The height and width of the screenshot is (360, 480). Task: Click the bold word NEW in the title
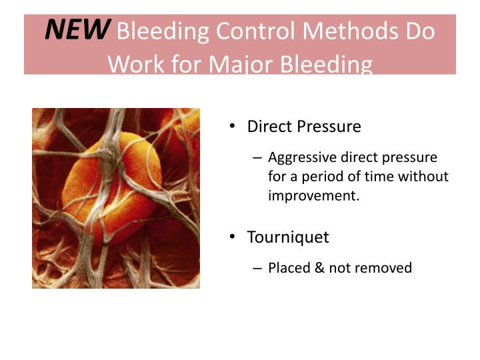coord(77,29)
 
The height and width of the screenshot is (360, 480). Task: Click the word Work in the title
coord(134,64)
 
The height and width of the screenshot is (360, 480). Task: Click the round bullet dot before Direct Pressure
coord(232,126)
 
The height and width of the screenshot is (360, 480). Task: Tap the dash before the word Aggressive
coord(258,158)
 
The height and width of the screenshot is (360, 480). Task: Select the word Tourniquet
coord(288,237)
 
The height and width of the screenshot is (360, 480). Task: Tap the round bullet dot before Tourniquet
coord(232,237)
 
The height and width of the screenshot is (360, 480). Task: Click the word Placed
coord(288,268)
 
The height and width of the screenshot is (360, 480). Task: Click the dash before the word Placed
coord(258,269)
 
